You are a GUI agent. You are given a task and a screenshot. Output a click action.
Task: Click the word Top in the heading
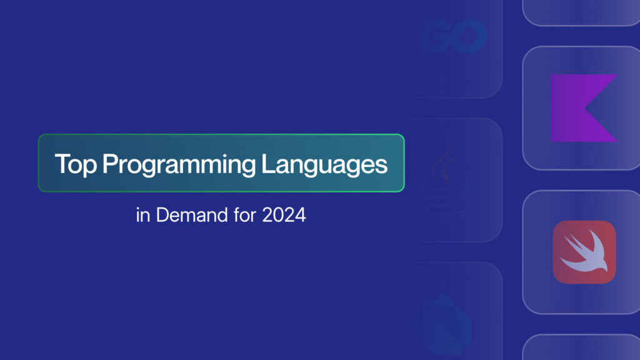[x=76, y=165]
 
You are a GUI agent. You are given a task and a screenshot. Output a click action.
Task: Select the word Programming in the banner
[x=179, y=165]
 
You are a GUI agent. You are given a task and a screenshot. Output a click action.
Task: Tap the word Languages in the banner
[x=324, y=165]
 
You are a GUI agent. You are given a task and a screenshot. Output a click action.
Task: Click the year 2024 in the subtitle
[x=284, y=215]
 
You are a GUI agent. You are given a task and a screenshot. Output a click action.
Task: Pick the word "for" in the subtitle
[x=245, y=215]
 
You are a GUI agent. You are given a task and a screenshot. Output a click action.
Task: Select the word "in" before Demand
[x=143, y=215]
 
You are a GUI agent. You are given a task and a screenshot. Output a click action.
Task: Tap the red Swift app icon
[x=584, y=252]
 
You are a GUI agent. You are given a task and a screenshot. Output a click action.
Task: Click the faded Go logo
[x=454, y=36]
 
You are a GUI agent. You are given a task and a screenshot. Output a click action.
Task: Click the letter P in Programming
[x=109, y=164]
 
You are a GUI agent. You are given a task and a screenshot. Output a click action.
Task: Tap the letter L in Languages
[x=267, y=164]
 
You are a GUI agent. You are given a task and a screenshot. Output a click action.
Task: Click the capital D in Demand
[x=162, y=215]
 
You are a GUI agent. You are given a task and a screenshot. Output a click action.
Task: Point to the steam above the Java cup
[x=443, y=163]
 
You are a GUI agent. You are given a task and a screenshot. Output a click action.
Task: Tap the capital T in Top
[x=62, y=164]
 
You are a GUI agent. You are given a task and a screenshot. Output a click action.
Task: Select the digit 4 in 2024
[x=300, y=215]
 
